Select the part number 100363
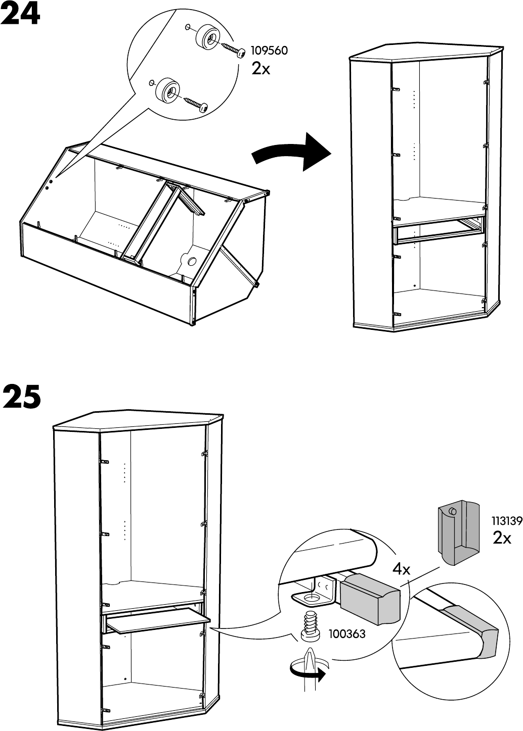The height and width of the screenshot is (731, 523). point(346,633)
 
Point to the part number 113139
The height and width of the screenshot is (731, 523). point(507,521)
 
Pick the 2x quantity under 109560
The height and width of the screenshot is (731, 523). point(261,69)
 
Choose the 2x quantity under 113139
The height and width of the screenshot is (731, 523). point(502,539)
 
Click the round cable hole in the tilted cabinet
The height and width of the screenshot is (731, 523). point(192,261)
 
